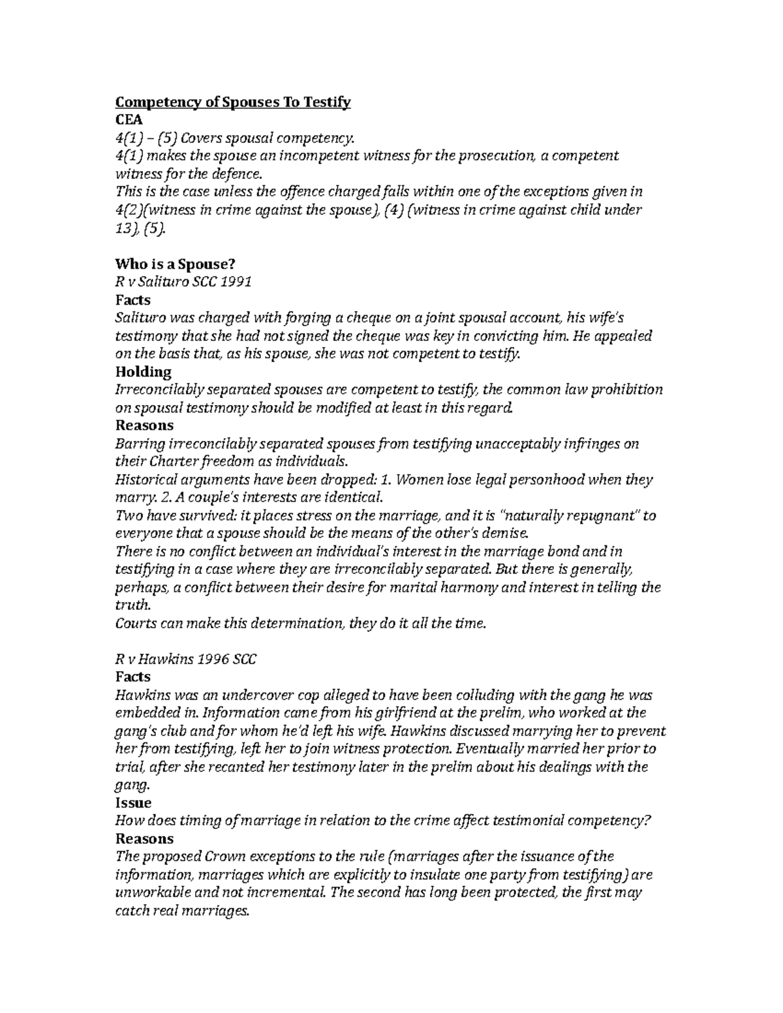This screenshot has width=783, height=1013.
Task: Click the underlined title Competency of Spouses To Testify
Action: (233, 102)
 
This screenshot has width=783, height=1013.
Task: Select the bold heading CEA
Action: (129, 120)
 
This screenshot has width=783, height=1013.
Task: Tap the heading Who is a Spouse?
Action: (175, 264)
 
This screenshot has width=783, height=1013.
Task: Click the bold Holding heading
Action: (143, 372)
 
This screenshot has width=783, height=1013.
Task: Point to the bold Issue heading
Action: (133, 802)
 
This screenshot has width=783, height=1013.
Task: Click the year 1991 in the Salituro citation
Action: (236, 282)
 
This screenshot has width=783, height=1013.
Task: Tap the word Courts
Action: (135, 623)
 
